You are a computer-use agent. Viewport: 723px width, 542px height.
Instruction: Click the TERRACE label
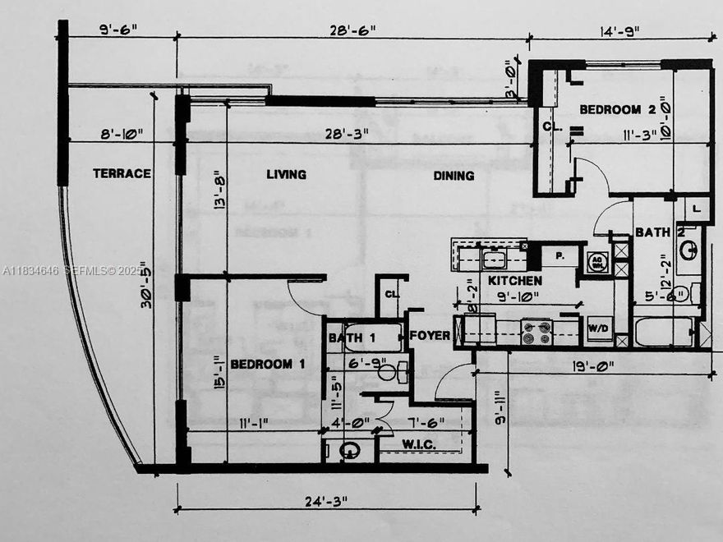pos(122,173)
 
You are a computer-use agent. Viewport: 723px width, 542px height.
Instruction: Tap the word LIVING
pos(287,174)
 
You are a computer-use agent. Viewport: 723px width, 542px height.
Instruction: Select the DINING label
pos(454,175)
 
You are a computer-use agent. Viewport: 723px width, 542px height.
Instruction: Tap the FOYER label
pos(431,336)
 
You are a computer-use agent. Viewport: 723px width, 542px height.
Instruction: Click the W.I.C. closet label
pos(419,444)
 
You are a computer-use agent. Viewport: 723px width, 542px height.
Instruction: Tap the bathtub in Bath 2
pos(664,333)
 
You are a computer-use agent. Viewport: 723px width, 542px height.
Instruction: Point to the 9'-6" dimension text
pos(117,30)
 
